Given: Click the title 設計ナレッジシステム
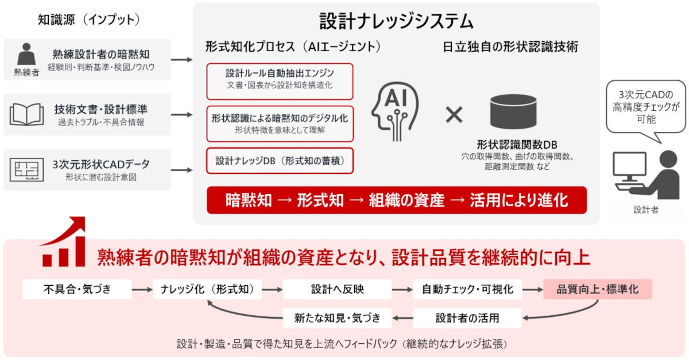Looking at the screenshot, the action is (x=396, y=22).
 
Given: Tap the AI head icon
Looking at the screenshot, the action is (x=395, y=111).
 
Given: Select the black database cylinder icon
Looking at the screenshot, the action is (x=513, y=111).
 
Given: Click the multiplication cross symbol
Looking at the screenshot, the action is (x=454, y=115).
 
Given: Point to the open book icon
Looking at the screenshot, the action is (x=27, y=114).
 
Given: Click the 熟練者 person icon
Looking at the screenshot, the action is (x=26, y=54).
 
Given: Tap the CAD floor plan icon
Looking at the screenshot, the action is (x=26, y=169).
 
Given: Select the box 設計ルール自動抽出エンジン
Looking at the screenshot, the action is (x=280, y=82).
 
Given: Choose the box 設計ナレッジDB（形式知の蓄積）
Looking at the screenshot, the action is (x=280, y=161).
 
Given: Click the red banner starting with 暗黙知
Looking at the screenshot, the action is (x=397, y=200).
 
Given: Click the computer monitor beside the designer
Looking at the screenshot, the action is (x=629, y=167).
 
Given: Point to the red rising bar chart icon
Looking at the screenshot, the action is (x=63, y=242).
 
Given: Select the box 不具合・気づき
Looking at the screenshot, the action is (x=77, y=289).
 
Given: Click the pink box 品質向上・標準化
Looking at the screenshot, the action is (x=598, y=289).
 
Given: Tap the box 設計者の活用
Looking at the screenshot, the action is (x=467, y=318).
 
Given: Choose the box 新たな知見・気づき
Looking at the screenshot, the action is (x=337, y=318).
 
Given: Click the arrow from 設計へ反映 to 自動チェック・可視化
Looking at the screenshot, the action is (x=402, y=289).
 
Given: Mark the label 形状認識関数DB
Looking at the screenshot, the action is (x=517, y=145).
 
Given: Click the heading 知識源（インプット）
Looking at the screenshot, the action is (x=89, y=20).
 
